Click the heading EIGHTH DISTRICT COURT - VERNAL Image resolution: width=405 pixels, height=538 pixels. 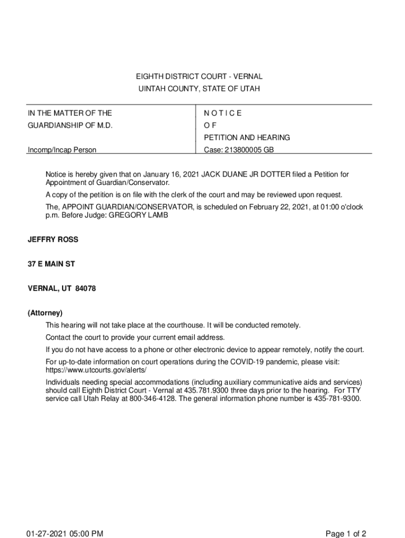tap(199, 77)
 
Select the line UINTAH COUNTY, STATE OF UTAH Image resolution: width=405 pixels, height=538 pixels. tap(199, 89)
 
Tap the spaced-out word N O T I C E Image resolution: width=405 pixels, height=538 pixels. tap(222, 113)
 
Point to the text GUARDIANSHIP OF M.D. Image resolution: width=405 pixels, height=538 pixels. tap(70, 126)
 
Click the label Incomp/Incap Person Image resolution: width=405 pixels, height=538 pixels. tap(62, 150)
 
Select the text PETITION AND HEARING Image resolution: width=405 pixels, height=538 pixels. tap(247, 138)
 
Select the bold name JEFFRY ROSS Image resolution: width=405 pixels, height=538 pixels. tap(53, 240)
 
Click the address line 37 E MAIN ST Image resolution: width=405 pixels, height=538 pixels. tap(51, 264)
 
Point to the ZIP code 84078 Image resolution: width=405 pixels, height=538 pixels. tap(86, 288)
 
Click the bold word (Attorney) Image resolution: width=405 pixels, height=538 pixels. tap(45, 313)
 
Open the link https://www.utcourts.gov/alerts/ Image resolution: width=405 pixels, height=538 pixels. tap(96, 370)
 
